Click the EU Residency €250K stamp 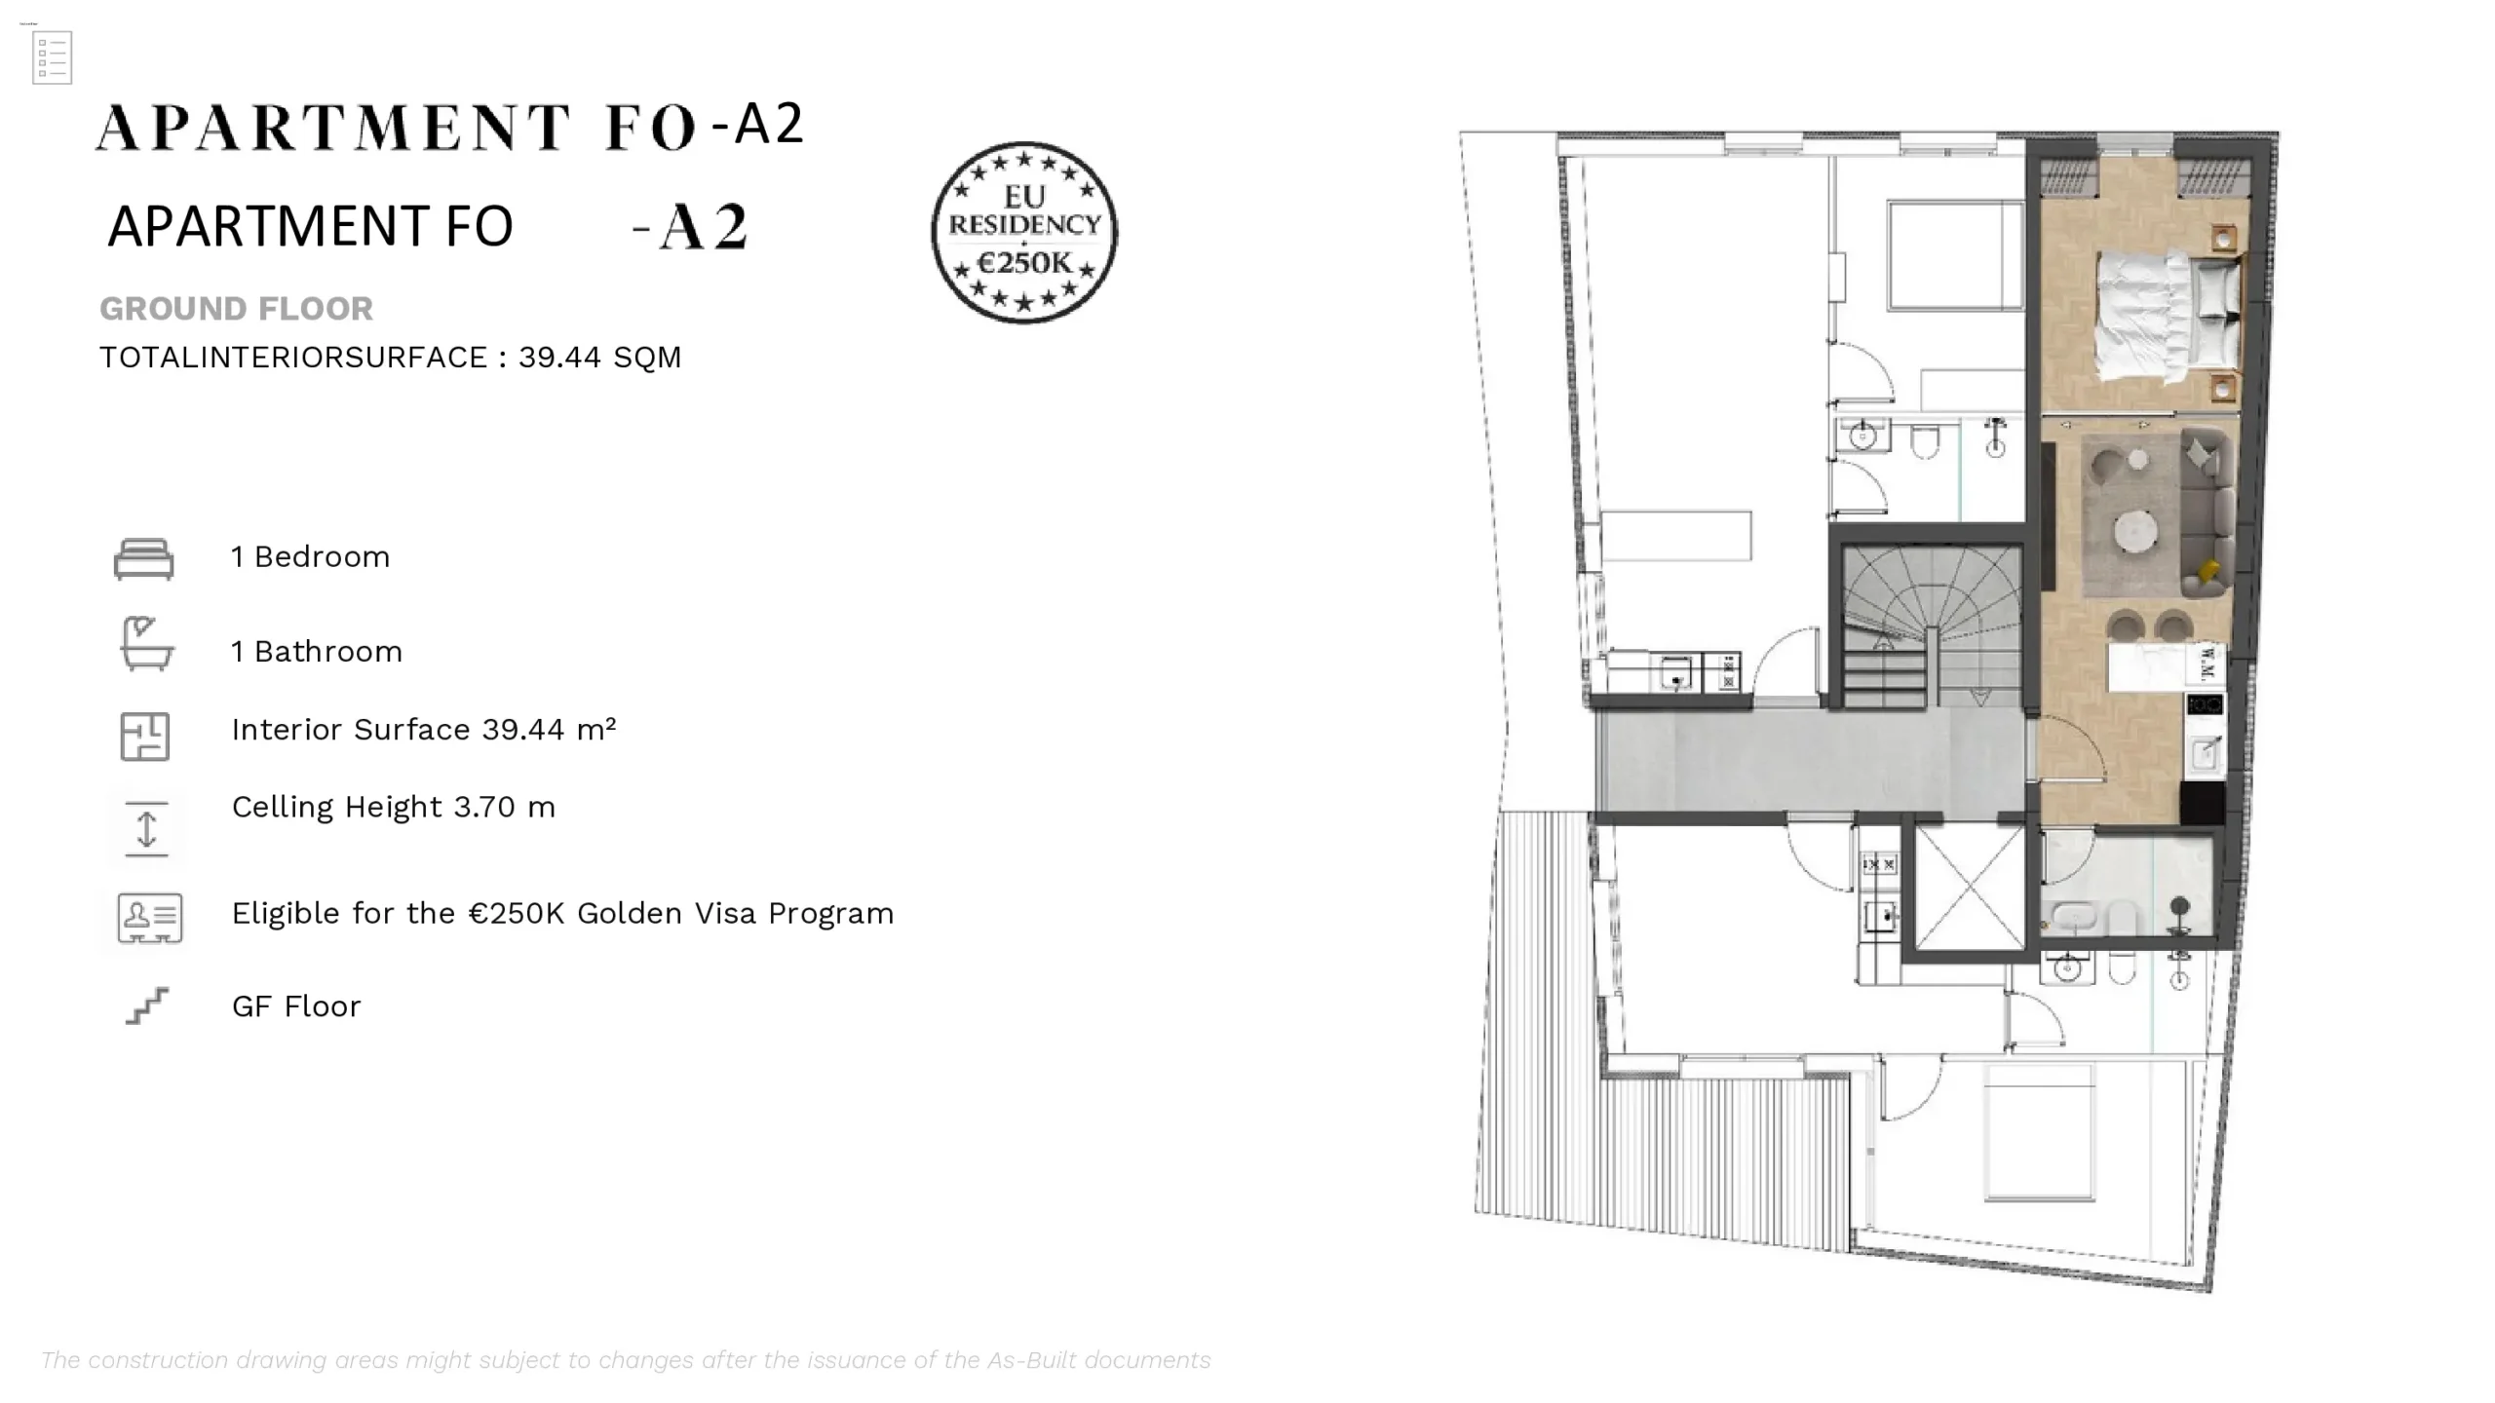(x=1024, y=233)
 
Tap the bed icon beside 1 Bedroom (x=143, y=558)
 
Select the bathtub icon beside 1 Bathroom (x=146, y=643)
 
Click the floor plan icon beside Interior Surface (x=145, y=737)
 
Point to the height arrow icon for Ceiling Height (x=146, y=829)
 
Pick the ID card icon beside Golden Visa (x=150, y=918)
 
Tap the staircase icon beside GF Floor (x=147, y=1005)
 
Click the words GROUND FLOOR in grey (x=236, y=309)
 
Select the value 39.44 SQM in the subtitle (x=599, y=358)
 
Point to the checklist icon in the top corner (x=52, y=57)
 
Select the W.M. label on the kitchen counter (x=2207, y=663)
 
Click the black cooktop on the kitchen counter (x=2205, y=704)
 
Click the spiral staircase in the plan (x=1931, y=625)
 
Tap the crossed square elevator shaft (x=1969, y=887)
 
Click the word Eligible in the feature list (x=285, y=914)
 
